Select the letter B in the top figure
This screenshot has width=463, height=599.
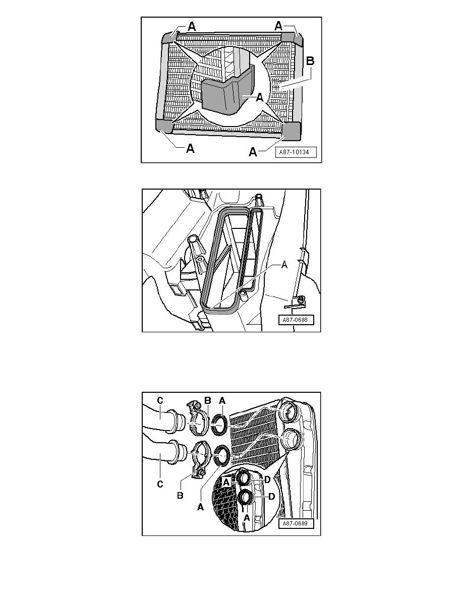(311, 62)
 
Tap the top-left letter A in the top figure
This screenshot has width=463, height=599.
(192, 27)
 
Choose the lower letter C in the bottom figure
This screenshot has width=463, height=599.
(160, 485)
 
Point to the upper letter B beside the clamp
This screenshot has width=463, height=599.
(207, 400)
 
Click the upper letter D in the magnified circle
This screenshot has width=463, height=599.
(268, 479)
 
